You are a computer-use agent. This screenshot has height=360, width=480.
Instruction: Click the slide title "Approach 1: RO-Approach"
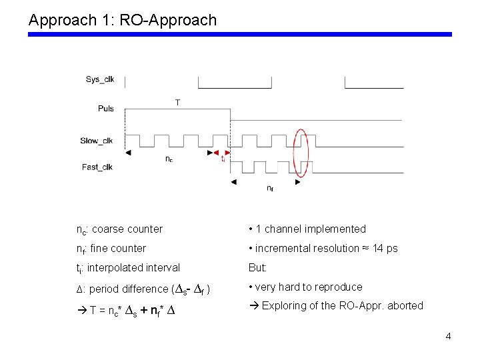(x=123, y=20)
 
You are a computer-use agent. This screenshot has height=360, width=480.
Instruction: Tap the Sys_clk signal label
(x=100, y=79)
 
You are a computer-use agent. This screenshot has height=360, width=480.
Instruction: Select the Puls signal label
(x=105, y=109)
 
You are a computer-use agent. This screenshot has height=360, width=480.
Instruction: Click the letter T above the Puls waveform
(x=177, y=102)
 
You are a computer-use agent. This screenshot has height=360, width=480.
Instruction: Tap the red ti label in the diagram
(x=223, y=159)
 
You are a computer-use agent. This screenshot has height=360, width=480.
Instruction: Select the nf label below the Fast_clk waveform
(x=269, y=189)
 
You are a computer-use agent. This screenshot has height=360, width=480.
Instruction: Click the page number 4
(x=448, y=336)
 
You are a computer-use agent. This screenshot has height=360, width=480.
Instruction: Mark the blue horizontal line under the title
(x=240, y=34)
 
